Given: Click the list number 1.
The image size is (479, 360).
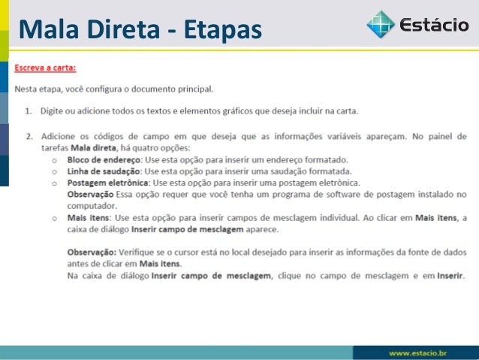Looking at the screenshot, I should click(x=28, y=112).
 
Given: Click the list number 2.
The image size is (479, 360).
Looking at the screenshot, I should click(x=28, y=137).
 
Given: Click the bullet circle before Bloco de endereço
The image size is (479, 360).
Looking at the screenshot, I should click(x=54, y=161).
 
